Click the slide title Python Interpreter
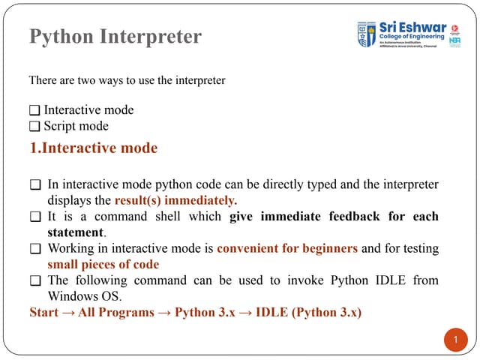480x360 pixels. (115, 36)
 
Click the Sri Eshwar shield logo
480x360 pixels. (367, 34)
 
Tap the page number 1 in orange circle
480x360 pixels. (453, 342)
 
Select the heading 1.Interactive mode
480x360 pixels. (93, 148)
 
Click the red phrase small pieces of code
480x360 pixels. (103, 264)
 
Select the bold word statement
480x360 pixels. (76, 232)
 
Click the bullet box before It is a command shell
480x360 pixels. (34, 217)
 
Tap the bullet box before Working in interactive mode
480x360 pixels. (34, 248)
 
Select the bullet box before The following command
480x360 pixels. (34, 280)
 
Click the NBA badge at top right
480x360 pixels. (454, 41)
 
